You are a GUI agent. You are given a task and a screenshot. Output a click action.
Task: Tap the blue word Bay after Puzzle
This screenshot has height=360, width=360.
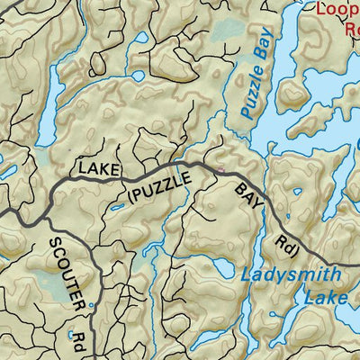coord(262,57)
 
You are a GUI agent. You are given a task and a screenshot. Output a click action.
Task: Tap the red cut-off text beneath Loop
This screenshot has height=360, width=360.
coord(351,26)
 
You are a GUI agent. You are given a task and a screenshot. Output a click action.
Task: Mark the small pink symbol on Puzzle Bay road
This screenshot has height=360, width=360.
coord(222,167)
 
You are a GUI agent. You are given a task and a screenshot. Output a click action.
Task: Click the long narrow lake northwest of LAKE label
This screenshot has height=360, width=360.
coord(51,90)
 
